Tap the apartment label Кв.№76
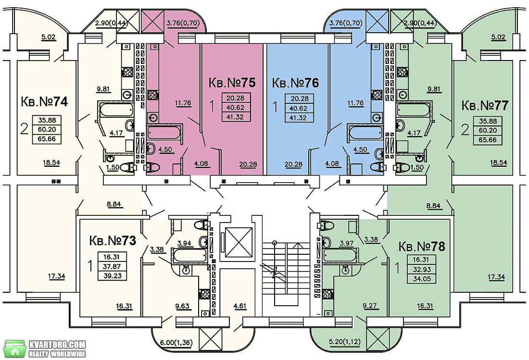(295, 83)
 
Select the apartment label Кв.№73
(113, 241)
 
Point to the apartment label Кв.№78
(422, 247)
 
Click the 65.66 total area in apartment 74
(47, 139)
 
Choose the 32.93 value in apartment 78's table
(422, 270)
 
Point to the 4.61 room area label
(239, 306)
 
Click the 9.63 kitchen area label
(183, 306)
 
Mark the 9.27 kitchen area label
(369, 306)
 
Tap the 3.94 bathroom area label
(184, 243)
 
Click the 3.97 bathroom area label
(347, 243)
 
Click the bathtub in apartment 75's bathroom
(164, 132)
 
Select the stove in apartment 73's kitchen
(204, 294)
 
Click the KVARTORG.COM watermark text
(57, 345)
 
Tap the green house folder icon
(15, 348)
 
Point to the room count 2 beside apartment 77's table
(465, 130)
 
